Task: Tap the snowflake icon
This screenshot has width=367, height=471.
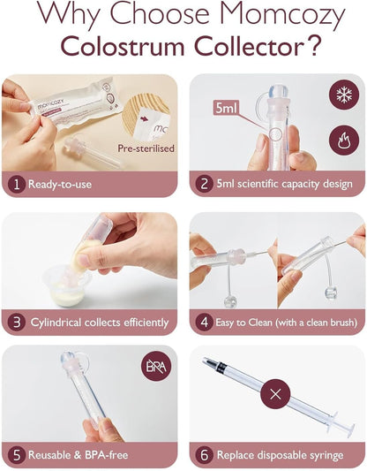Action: click(340, 96)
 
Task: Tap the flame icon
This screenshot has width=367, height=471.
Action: click(340, 137)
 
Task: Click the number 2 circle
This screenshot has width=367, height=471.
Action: click(206, 186)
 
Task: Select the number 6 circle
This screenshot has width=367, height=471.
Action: click(206, 455)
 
